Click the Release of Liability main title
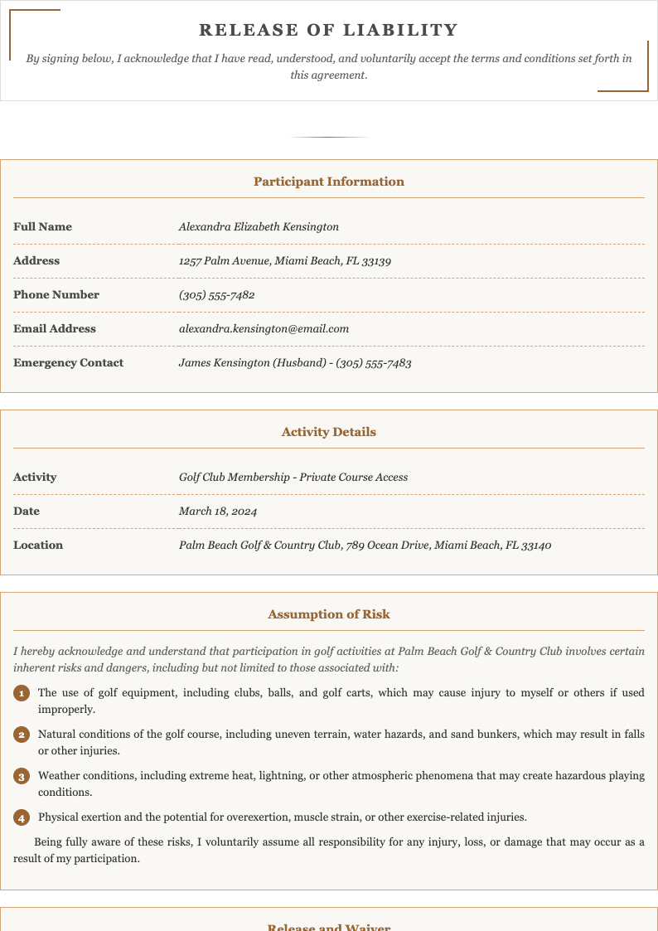point(329,31)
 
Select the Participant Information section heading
point(329,182)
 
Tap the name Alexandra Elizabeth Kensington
point(259,226)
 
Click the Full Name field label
point(42,226)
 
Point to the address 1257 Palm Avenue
point(284,260)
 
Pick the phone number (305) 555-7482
point(216,294)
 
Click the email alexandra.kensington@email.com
point(264,328)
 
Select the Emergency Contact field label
point(68,362)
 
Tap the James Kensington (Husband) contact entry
point(295,362)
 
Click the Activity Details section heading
point(329,432)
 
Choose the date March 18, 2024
point(218,511)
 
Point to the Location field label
point(38,545)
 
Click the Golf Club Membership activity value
point(293,477)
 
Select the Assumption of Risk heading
point(329,614)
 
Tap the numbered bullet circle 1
point(22,693)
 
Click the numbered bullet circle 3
point(22,776)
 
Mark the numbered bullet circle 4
point(22,817)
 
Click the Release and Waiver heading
point(329,926)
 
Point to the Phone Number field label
point(56,294)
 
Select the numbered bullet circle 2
point(22,735)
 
